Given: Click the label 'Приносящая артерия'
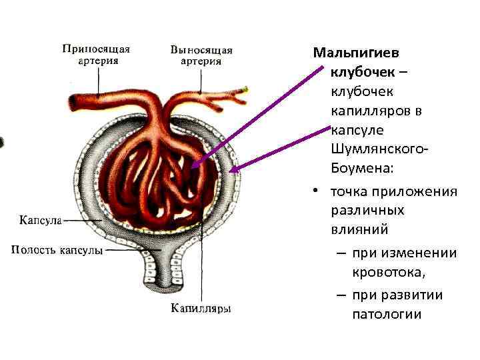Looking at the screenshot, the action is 97,54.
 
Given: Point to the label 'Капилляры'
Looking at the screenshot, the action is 201,308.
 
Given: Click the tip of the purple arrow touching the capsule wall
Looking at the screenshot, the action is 230,171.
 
